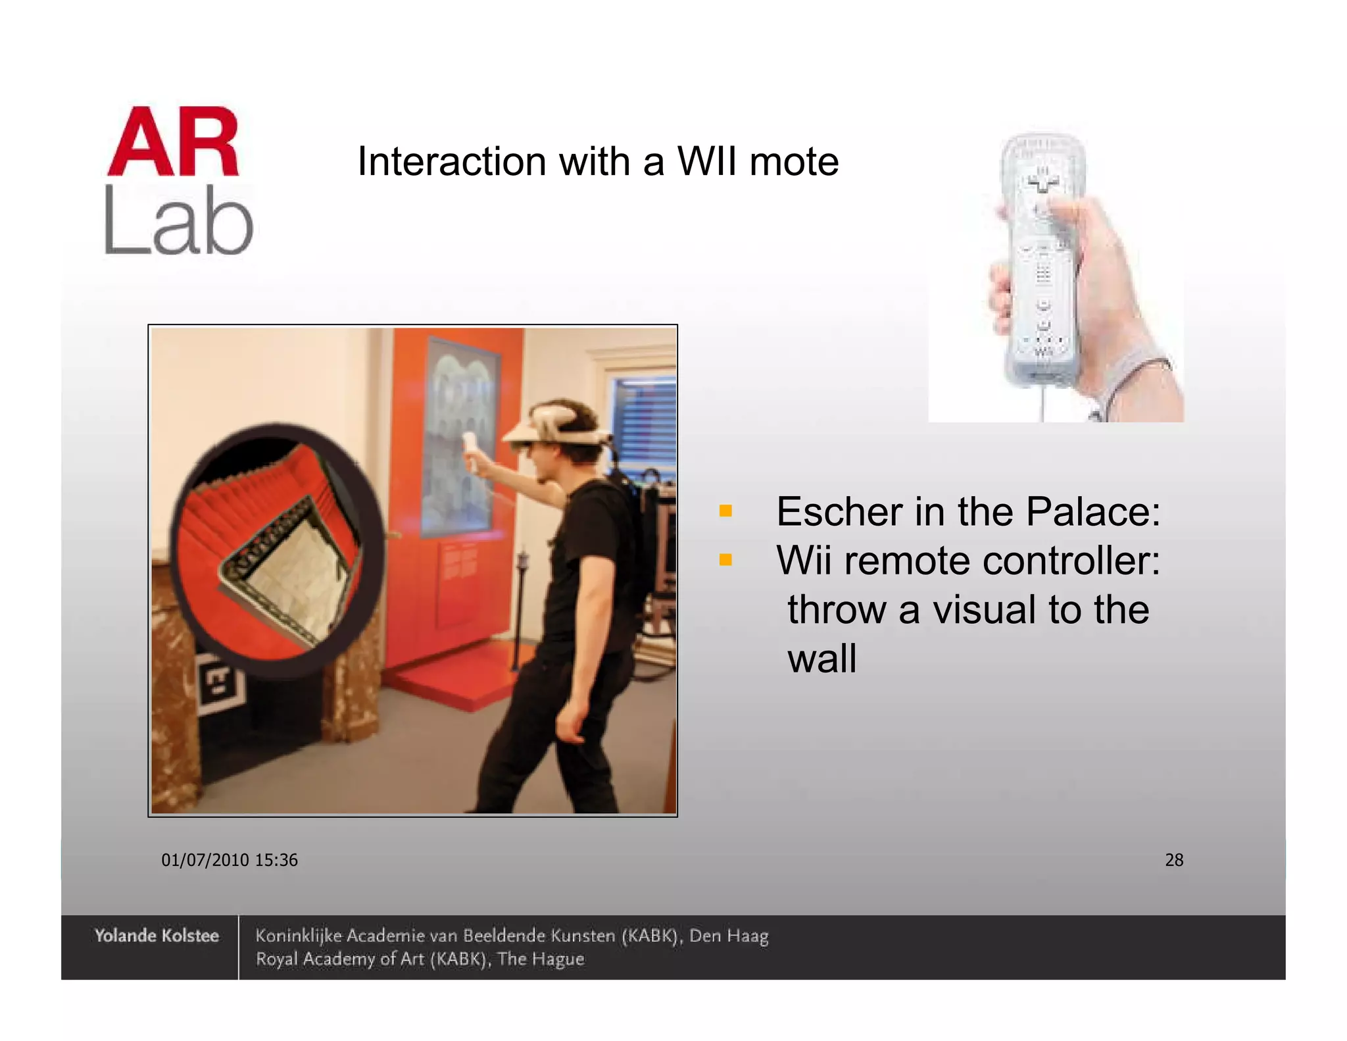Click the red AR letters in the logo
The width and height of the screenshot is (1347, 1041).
click(x=174, y=143)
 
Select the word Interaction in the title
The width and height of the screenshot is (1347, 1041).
click(x=452, y=161)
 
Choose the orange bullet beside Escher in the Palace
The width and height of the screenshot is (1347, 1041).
click(x=725, y=511)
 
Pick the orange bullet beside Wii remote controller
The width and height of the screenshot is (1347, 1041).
click(x=725, y=560)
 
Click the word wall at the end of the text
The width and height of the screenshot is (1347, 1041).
click(x=822, y=658)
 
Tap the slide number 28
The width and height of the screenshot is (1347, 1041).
click(x=1174, y=860)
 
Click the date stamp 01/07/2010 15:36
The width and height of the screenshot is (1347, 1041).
click(x=230, y=860)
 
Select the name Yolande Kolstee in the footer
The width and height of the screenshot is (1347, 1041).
click(x=157, y=936)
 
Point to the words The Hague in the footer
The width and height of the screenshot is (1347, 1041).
click(x=541, y=959)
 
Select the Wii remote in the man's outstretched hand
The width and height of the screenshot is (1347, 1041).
click(x=470, y=451)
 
